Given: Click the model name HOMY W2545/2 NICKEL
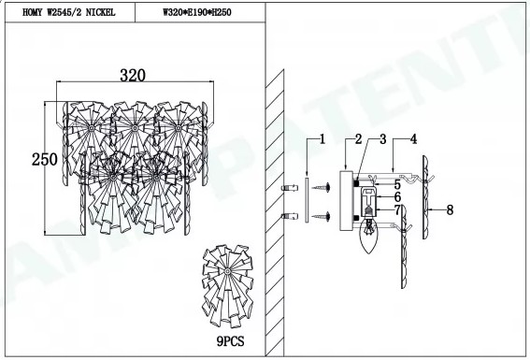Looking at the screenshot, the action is (68, 12).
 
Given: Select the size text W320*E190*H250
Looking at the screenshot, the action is (197, 12).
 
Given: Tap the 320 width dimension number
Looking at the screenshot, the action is (133, 76).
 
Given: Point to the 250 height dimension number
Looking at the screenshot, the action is (45, 159).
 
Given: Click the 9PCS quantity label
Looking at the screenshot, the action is (230, 341).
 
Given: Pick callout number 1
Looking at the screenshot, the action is (322, 139).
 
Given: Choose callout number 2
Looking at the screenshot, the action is (358, 139).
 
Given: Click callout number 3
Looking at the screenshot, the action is (382, 139).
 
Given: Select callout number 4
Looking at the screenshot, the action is (414, 139).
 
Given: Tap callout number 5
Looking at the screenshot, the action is (397, 184).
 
